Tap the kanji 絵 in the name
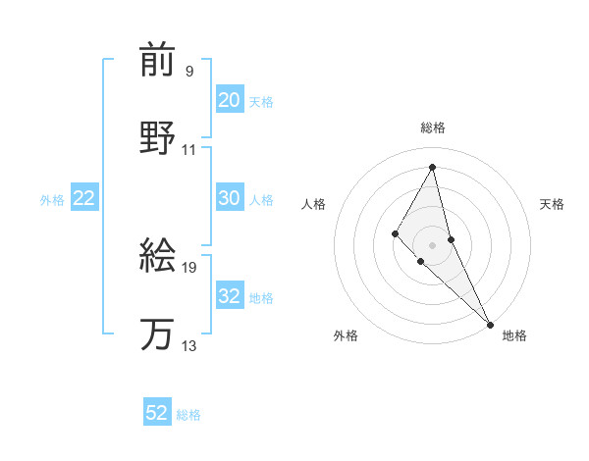(x=158, y=256)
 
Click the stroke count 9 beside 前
(x=188, y=71)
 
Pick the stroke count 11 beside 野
(x=189, y=150)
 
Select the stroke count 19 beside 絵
(x=189, y=267)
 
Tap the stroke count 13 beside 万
(x=189, y=346)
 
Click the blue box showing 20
(x=229, y=100)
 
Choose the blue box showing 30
(x=229, y=198)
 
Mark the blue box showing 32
(x=229, y=296)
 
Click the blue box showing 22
(x=84, y=198)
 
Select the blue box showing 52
(x=157, y=413)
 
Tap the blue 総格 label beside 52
(x=188, y=415)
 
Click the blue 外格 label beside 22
(x=52, y=200)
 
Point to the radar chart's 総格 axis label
(x=432, y=128)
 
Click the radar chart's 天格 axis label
(x=553, y=204)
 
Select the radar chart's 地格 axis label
(x=514, y=335)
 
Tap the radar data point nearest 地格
(x=490, y=323)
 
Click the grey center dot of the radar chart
(x=432, y=244)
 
